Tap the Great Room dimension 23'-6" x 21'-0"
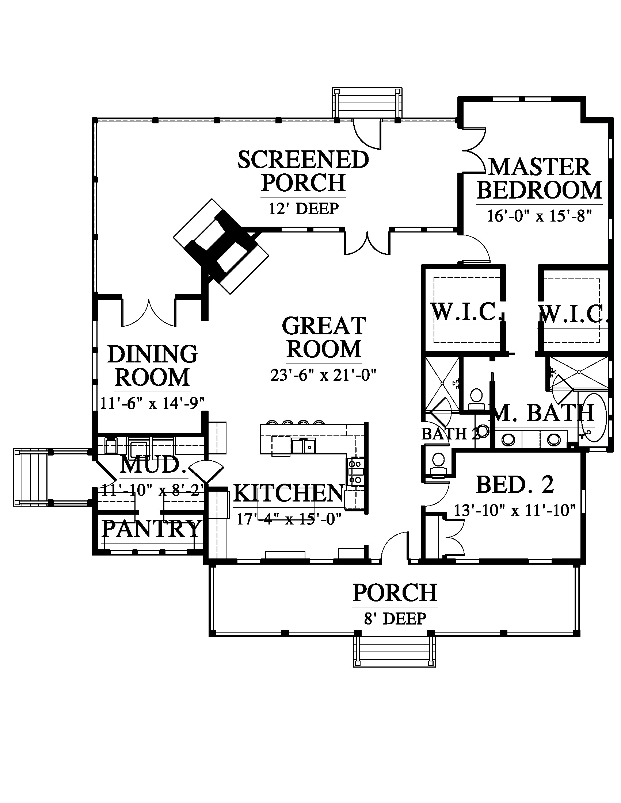click(x=324, y=375)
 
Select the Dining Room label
click(x=153, y=365)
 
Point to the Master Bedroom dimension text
click(x=539, y=216)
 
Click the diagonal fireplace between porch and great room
click(x=221, y=246)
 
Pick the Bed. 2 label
click(x=515, y=485)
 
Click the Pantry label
click(x=151, y=529)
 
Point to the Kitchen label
click(x=289, y=493)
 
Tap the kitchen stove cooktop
click(x=355, y=472)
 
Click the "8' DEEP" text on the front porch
click(x=395, y=618)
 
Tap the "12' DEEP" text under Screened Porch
click(x=304, y=208)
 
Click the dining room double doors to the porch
click(x=148, y=312)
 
